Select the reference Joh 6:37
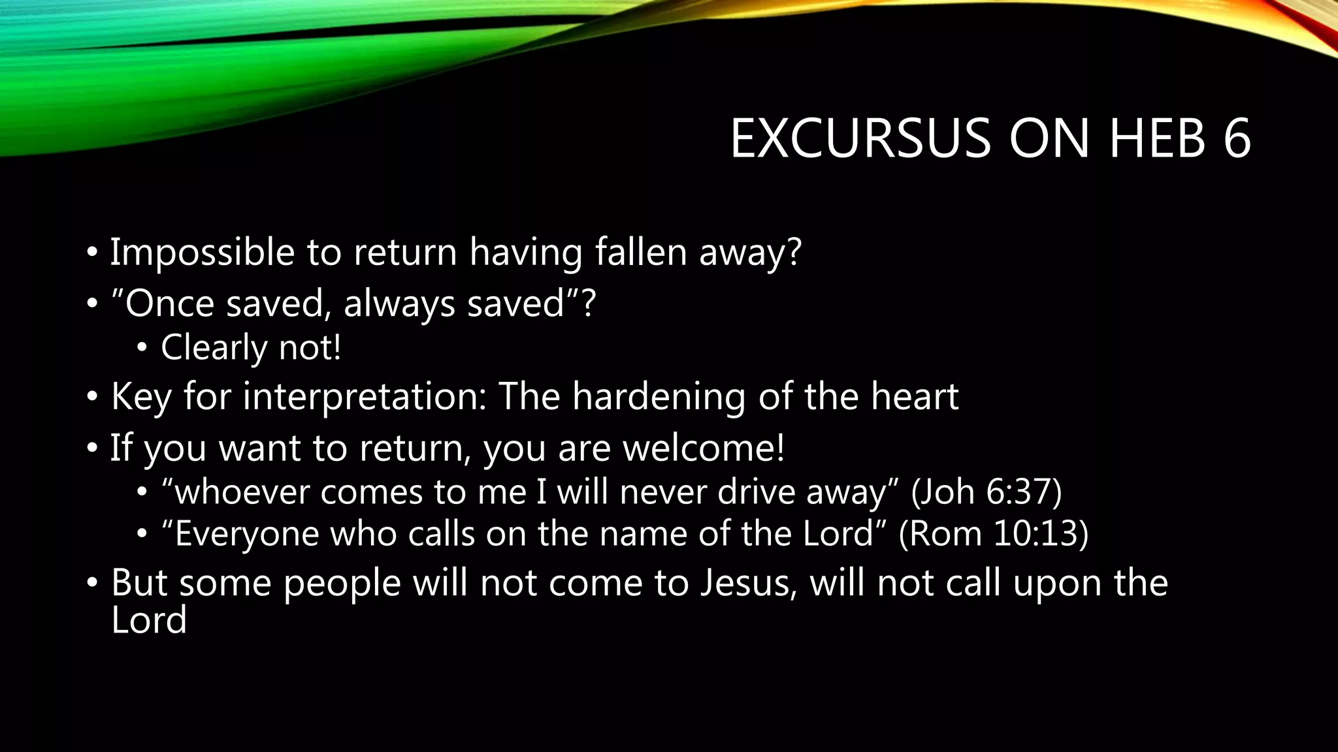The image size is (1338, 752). point(987,491)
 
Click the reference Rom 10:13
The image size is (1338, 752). point(994,533)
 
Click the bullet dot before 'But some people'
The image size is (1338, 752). point(93,582)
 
